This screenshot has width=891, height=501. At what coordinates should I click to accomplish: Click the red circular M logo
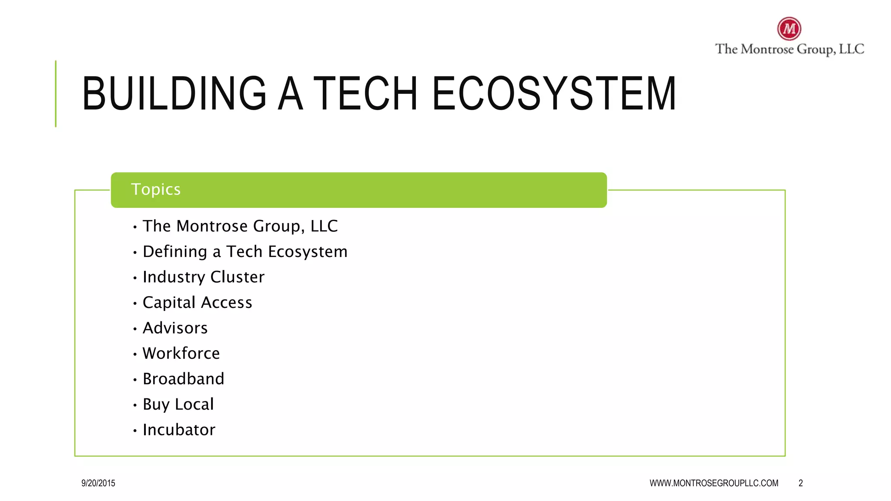tap(789, 29)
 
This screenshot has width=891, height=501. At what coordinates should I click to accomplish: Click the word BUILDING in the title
tap(174, 94)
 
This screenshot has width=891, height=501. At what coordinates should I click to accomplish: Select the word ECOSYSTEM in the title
tap(554, 94)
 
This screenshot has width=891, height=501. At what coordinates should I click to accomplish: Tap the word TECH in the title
tap(365, 94)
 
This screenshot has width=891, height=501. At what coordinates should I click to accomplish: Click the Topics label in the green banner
tap(156, 190)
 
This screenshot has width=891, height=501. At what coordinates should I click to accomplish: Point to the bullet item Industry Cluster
tap(203, 277)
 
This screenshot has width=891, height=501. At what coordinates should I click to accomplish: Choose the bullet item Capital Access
tap(197, 303)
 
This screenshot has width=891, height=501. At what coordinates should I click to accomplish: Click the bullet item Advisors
tap(175, 328)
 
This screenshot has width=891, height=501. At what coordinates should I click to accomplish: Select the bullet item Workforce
tap(181, 354)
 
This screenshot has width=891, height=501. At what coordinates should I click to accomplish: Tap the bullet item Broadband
tap(183, 379)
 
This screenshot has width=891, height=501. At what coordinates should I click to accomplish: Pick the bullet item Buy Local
tap(178, 404)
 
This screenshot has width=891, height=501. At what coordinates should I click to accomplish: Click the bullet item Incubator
tap(179, 430)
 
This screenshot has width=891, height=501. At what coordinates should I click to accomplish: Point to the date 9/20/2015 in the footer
tap(98, 483)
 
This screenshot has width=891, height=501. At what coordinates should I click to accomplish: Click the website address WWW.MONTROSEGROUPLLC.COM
tap(714, 483)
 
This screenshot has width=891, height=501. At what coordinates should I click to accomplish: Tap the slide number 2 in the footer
tap(801, 483)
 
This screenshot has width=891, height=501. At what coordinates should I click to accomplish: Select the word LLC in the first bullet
tap(324, 226)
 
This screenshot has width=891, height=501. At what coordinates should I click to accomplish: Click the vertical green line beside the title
tap(56, 94)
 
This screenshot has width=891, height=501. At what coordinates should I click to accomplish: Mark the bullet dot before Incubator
tap(135, 431)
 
